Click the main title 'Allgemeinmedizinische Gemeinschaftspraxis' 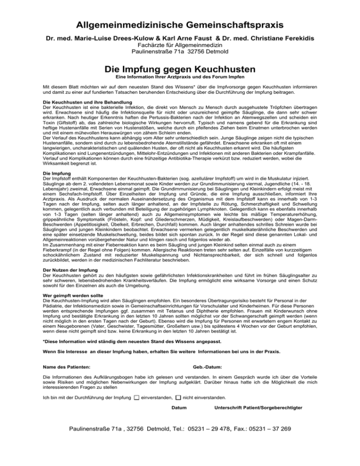pyautogui.click(x=180, y=23)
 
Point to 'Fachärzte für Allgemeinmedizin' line pyautogui.click(x=180, y=45)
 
